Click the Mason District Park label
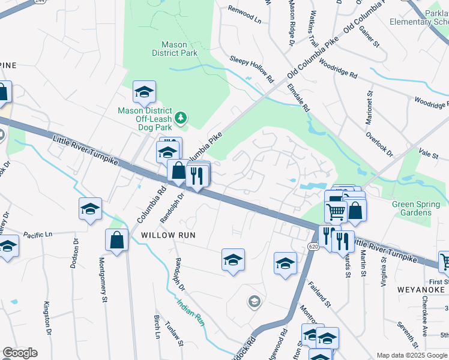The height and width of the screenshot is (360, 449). coord(179,49)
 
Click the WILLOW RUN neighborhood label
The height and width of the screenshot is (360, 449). coord(169,235)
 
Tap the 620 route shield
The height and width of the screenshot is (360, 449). coord(313,247)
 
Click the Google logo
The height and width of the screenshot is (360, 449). coord(20,353)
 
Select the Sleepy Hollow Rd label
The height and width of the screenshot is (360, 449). coord(252,69)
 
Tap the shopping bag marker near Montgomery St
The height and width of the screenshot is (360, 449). coord(117,240)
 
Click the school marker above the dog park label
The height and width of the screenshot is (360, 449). coord(144,92)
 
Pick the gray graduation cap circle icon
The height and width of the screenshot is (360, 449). coord(254,301)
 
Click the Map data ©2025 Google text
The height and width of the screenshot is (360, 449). coord(412,355)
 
